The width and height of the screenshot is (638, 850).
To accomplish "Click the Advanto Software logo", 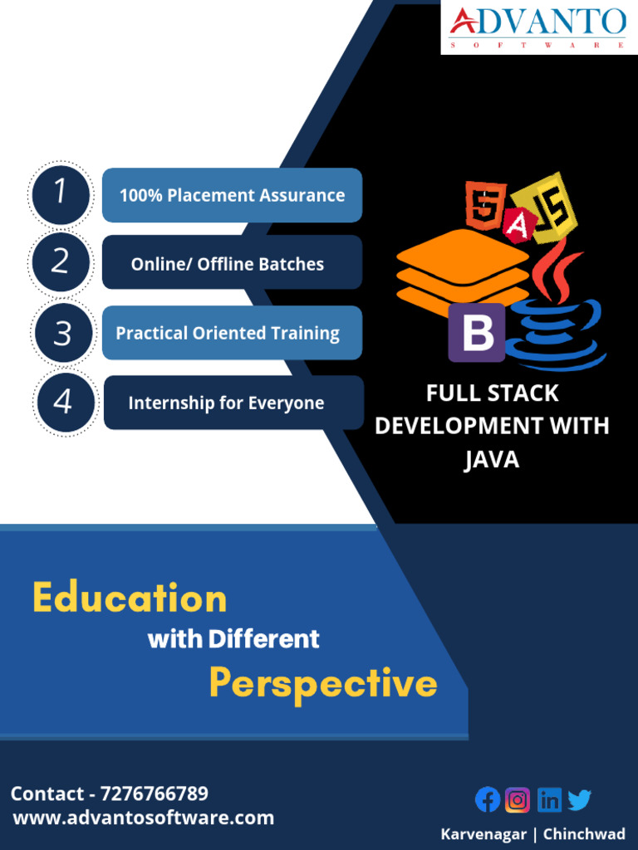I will pos(538,27).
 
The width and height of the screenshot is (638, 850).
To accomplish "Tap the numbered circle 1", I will pos(60,194).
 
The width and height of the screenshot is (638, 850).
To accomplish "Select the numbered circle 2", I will pos(60,262).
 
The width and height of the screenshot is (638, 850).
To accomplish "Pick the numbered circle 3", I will pos(62,333).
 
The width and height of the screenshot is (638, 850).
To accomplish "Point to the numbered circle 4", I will pos(63,403).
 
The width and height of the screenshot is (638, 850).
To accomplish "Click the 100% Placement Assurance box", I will pos(232,196).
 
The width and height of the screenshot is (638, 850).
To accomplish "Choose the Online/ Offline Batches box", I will pos(232,263).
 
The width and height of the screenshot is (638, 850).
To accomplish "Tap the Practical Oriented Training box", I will pos(232,333).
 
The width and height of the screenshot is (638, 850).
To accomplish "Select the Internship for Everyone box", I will pos(233,403).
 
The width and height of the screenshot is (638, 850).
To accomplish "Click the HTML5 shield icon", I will pos(485,206).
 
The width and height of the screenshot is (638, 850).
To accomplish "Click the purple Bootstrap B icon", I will pos(477,332).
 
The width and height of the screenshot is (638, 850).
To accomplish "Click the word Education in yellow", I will pos(130,598).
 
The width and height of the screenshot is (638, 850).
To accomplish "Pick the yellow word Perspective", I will pos(322,683).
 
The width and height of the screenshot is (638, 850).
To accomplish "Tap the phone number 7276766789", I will pos(154,794).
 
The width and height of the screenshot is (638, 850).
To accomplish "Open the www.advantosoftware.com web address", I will pos(143,818).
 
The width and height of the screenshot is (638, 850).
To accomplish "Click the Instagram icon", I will pos(518,799).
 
